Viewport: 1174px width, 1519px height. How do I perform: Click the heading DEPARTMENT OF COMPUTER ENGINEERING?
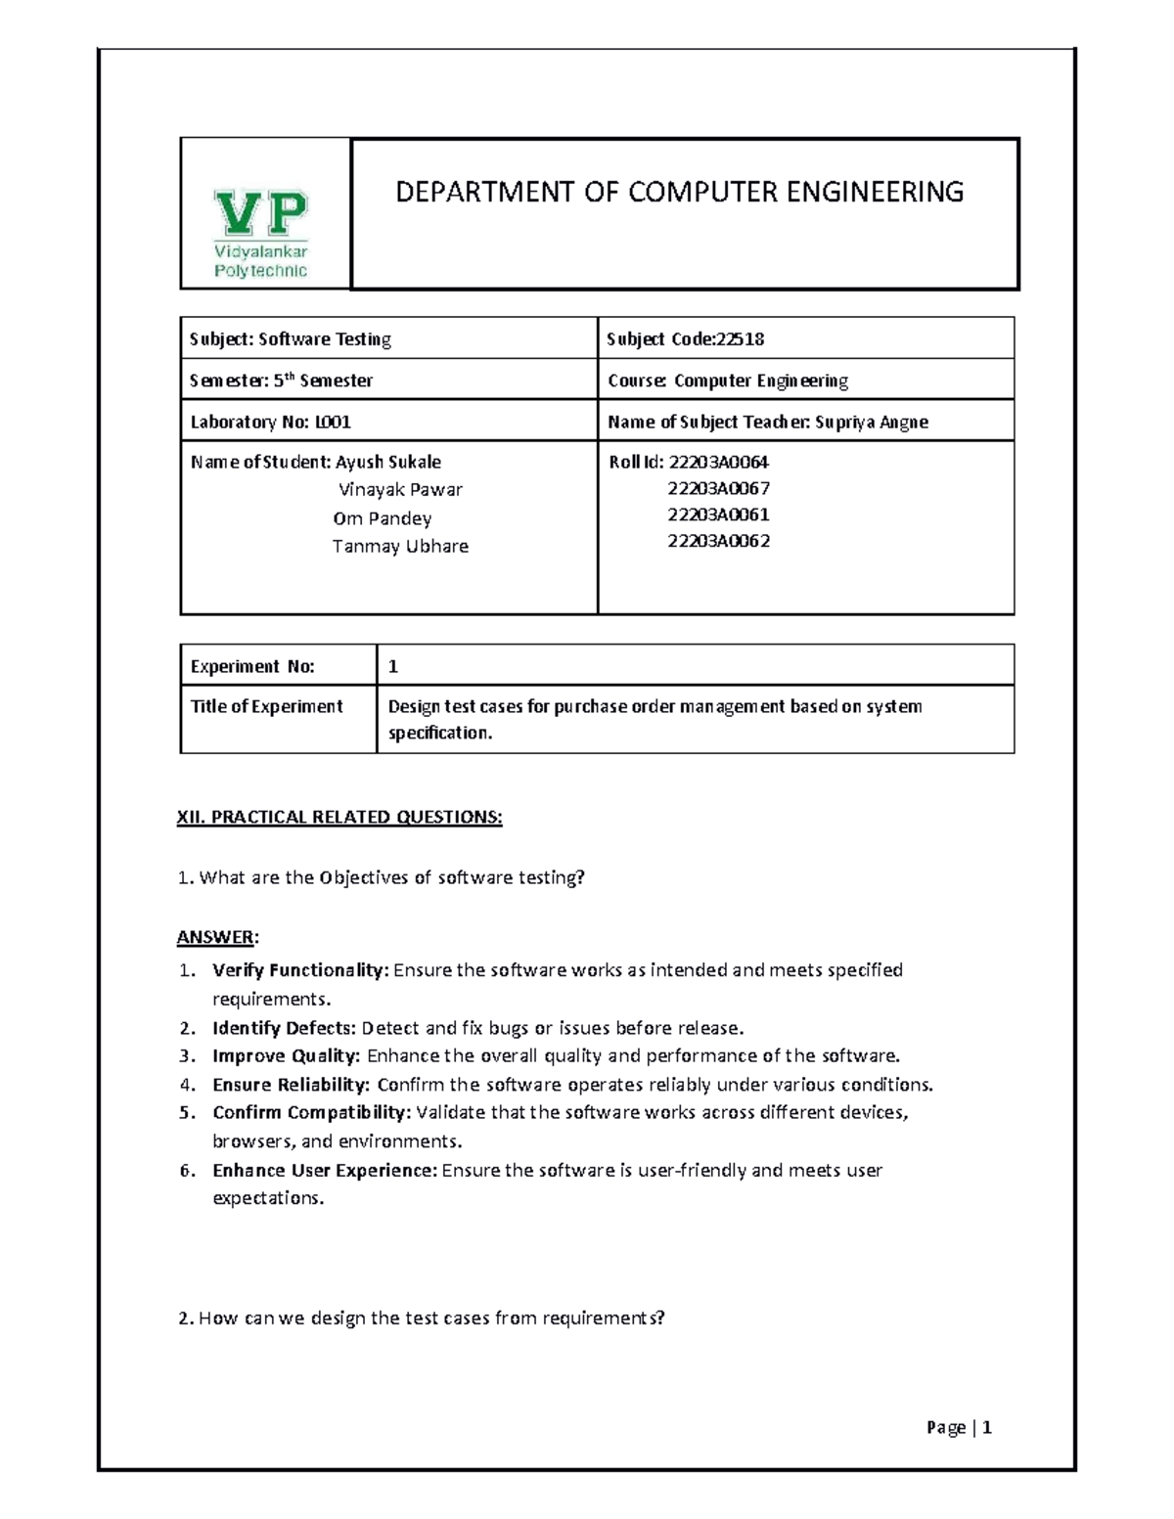(x=679, y=192)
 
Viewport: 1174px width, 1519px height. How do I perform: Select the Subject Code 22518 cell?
(x=685, y=339)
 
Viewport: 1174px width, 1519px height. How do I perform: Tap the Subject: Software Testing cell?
(x=291, y=339)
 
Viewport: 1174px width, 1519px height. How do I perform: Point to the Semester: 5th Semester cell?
(x=282, y=380)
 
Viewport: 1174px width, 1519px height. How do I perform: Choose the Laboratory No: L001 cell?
(x=271, y=422)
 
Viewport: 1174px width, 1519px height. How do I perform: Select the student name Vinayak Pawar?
(x=400, y=489)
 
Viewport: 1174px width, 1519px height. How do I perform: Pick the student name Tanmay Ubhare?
(x=400, y=546)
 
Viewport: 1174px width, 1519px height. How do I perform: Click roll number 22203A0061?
(x=718, y=514)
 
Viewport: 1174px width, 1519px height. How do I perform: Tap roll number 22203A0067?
(x=718, y=488)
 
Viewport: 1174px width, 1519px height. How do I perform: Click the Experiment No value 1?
(x=393, y=666)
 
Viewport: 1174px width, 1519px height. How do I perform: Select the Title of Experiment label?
(x=266, y=706)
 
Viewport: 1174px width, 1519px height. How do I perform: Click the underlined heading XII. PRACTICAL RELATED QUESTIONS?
(x=339, y=817)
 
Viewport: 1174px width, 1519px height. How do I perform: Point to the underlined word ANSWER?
(x=216, y=937)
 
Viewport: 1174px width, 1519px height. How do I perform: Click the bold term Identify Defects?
(x=284, y=1028)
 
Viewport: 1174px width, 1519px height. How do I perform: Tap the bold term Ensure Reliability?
(x=291, y=1085)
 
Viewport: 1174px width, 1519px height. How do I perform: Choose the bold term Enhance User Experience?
(x=324, y=1170)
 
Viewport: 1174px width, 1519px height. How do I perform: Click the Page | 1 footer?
(x=959, y=1428)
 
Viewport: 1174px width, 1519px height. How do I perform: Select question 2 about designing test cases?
(x=422, y=1318)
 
